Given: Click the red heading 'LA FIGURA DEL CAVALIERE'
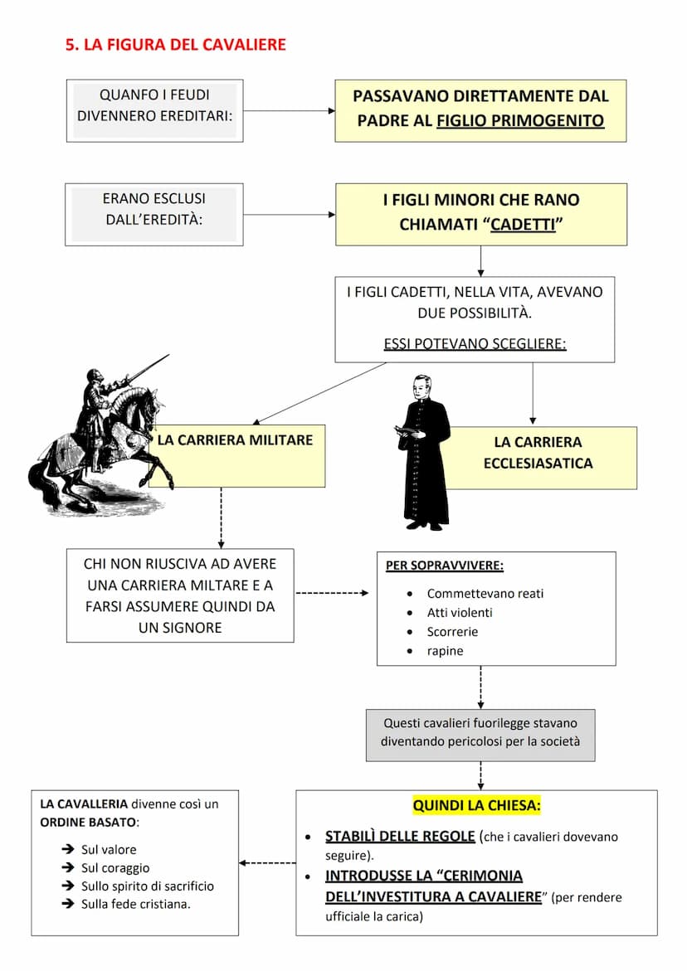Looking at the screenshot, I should (x=176, y=45).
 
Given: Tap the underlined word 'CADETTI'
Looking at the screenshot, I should (x=523, y=225).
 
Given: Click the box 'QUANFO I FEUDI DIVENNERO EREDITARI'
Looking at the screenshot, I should (x=154, y=110).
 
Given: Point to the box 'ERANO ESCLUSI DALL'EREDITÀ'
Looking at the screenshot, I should (x=154, y=214).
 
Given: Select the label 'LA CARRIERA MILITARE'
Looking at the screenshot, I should (x=235, y=440).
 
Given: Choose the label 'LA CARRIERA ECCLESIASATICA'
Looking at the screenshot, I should (x=538, y=453).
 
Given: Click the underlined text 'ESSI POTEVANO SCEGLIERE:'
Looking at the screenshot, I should (x=475, y=343).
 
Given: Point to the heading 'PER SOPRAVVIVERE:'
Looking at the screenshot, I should (x=445, y=566).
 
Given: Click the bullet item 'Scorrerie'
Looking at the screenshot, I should (x=452, y=632).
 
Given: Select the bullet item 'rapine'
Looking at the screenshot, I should (x=445, y=651).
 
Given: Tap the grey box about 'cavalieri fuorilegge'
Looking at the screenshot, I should (x=480, y=733).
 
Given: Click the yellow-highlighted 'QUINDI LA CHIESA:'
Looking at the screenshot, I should (x=477, y=805).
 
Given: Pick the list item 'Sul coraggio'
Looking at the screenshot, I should (x=115, y=867).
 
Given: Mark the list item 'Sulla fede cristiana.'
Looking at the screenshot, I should (x=136, y=904).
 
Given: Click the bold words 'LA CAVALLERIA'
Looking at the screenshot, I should (x=84, y=804).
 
